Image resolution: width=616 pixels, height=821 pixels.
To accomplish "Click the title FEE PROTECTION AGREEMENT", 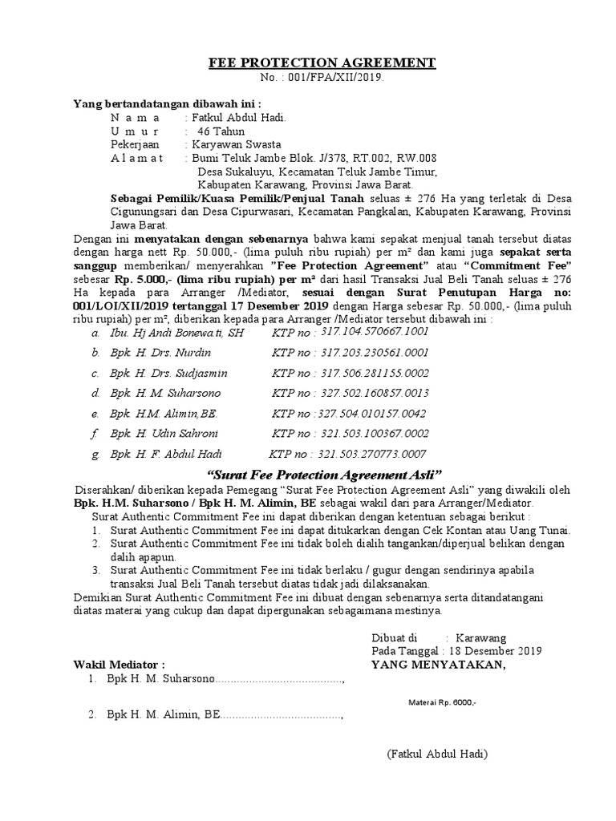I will [322, 63].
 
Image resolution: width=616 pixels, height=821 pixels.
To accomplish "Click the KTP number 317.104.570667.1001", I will [375, 331].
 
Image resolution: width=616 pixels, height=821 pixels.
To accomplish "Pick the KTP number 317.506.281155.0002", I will [375, 373].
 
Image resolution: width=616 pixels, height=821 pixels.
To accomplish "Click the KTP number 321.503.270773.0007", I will [375, 455].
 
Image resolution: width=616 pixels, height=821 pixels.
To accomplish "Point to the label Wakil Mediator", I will [119, 665].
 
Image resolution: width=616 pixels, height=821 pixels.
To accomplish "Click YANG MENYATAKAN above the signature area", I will [438, 665].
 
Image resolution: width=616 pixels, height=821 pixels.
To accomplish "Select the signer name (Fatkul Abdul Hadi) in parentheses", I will [437, 754].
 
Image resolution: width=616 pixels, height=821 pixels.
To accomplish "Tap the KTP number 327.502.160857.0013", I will [375, 393].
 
